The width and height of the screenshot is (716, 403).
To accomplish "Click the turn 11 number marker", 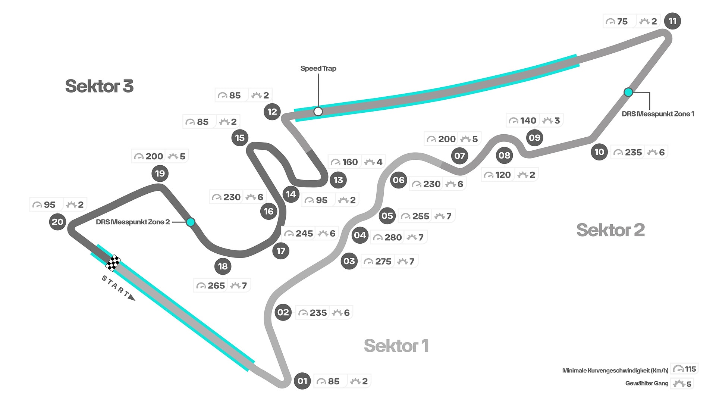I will click(x=672, y=21).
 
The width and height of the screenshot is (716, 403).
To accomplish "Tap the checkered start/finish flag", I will click(x=113, y=263).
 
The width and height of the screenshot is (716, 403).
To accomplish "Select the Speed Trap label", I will click(x=318, y=68).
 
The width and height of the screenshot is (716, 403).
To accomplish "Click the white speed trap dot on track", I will click(x=318, y=111).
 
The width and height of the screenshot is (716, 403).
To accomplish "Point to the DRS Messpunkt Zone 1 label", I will click(x=658, y=114).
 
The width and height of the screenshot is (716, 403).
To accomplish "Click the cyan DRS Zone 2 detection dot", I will click(x=191, y=222).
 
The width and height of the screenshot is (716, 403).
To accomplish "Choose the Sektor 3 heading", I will click(x=99, y=86).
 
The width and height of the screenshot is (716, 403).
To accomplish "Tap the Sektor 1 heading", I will click(x=396, y=346).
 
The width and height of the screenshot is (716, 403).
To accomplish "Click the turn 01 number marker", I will click(x=302, y=381).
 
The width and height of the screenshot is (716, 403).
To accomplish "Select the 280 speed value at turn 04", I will click(x=393, y=237).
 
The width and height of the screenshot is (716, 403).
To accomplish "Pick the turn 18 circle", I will click(x=223, y=266).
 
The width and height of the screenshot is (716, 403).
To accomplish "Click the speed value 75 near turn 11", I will click(x=622, y=22).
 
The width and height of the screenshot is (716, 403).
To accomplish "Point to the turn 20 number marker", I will click(x=57, y=222).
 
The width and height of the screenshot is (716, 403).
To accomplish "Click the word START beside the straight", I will click(x=116, y=287).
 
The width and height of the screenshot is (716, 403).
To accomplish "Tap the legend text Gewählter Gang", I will click(x=647, y=383).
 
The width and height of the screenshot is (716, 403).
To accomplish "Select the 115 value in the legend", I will click(x=690, y=369).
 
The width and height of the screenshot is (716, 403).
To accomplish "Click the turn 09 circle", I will click(x=534, y=138).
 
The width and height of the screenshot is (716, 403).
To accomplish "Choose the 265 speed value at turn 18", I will click(x=216, y=285).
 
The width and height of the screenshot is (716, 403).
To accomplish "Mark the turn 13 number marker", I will click(x=338, y=180).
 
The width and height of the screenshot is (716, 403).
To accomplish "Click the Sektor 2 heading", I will click(x=610, y=230).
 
